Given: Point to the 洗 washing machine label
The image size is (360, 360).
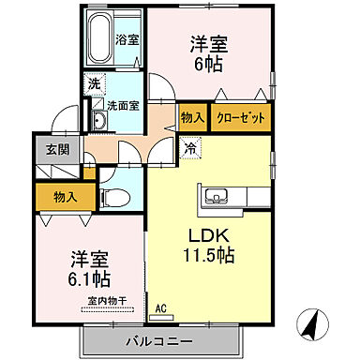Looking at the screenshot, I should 95,84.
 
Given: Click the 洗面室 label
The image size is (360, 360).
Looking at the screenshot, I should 122,106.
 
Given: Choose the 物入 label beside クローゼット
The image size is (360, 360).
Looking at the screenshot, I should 192,118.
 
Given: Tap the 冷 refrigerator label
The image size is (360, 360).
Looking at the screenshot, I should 190,146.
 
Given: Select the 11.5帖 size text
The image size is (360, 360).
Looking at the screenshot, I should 207,254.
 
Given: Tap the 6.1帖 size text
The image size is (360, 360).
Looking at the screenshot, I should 86,278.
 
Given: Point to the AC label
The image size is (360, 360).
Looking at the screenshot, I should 160,307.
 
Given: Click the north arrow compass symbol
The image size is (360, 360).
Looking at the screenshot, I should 314,326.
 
